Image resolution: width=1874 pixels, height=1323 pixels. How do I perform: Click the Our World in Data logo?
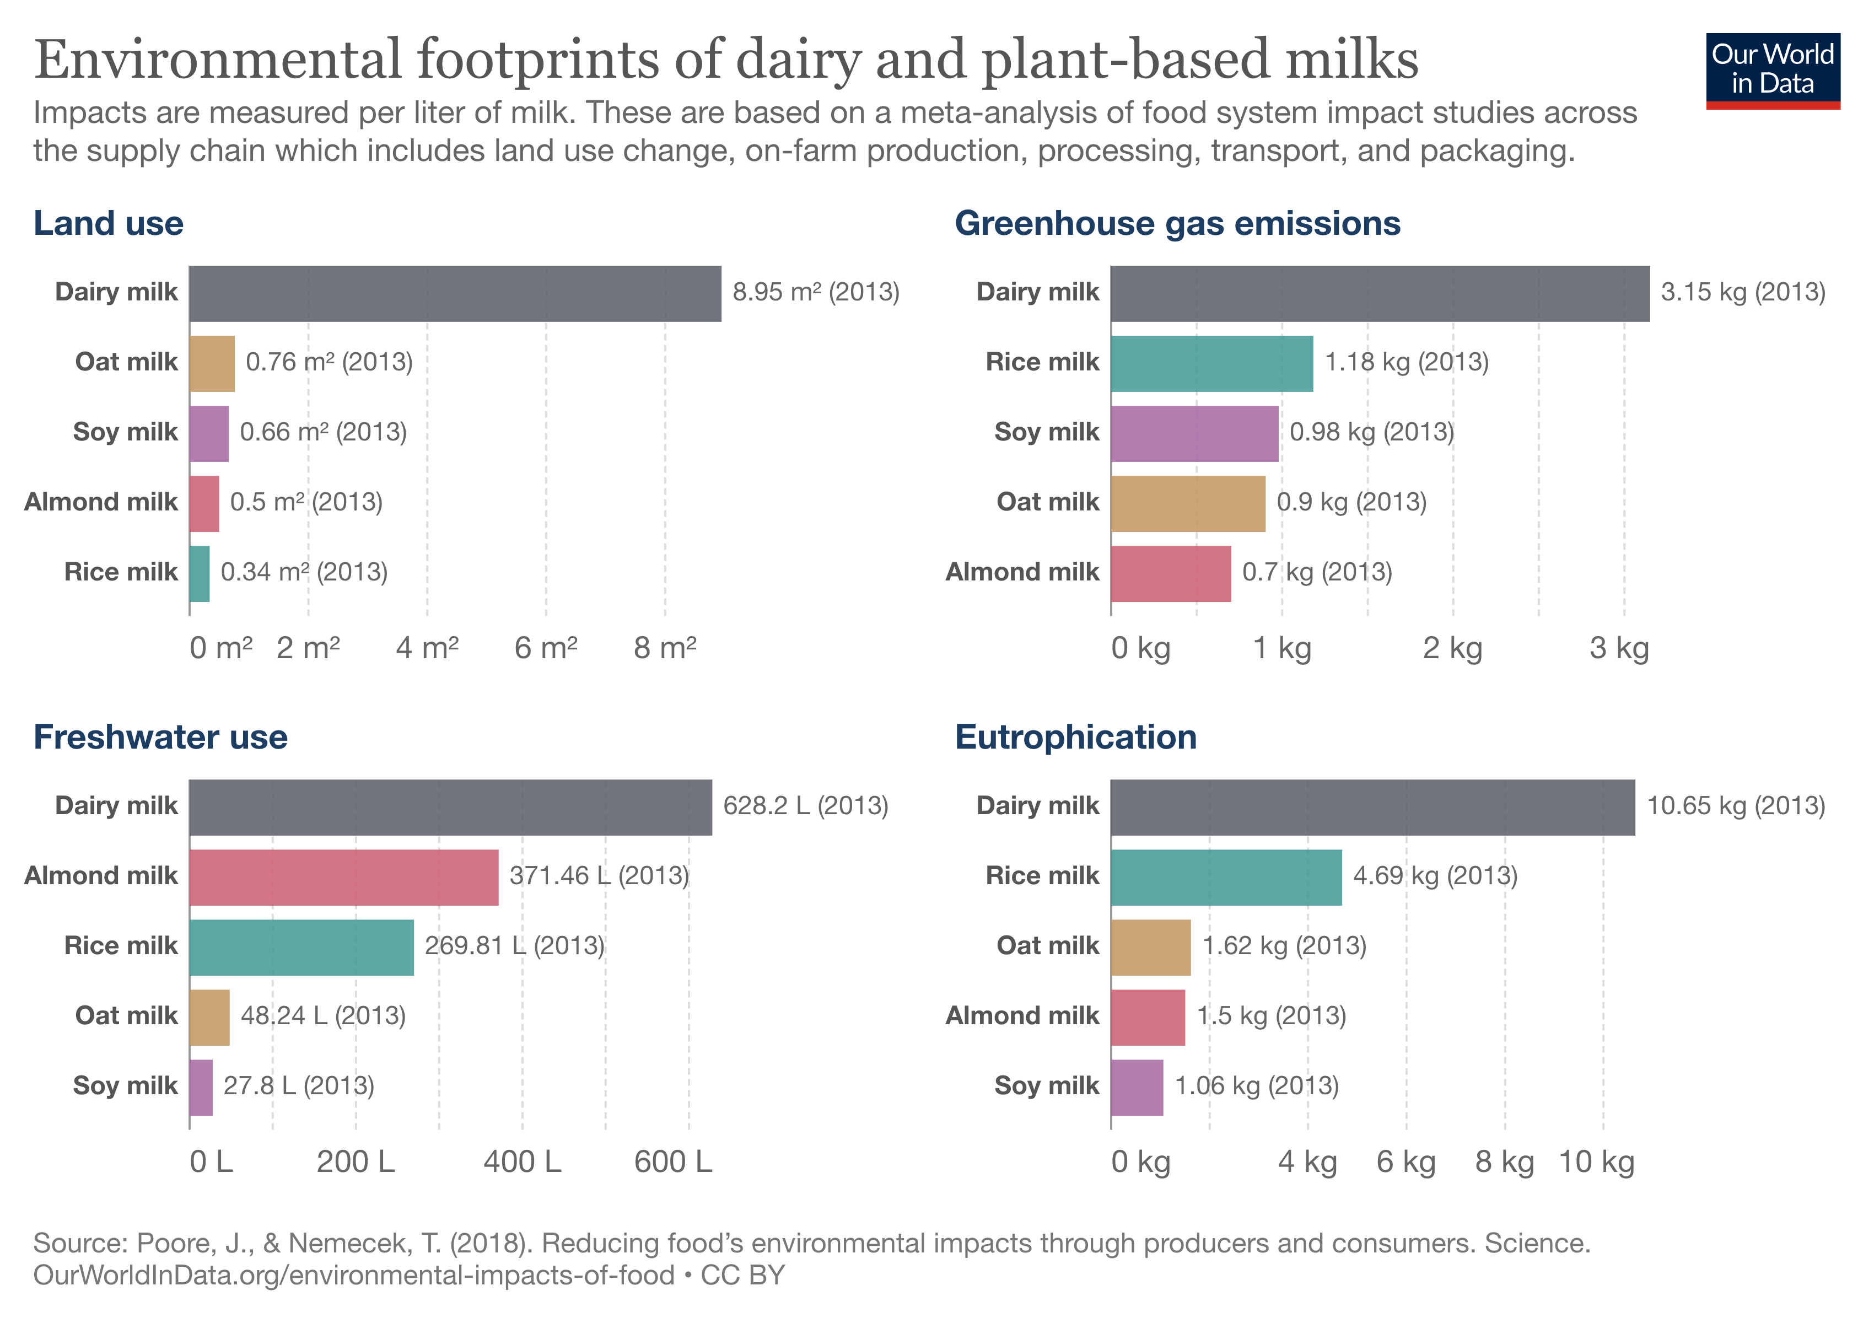coord(1772,70)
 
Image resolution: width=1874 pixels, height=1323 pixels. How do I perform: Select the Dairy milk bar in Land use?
coord(455,293)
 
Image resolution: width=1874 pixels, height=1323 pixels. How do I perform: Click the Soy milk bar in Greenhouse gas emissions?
coord(1194,433)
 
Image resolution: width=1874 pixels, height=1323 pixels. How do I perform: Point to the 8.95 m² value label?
coord(815,292)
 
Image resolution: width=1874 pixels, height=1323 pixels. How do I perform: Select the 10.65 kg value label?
coord(1735,805)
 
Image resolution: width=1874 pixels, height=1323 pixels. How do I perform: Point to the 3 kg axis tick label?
coord(1618,648)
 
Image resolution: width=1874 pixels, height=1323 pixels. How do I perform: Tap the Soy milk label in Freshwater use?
coord(125,1085)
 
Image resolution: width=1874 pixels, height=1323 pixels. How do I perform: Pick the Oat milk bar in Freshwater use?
coord(209,1018)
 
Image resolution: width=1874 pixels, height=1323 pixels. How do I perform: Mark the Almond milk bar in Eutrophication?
coord(1147,1018)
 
